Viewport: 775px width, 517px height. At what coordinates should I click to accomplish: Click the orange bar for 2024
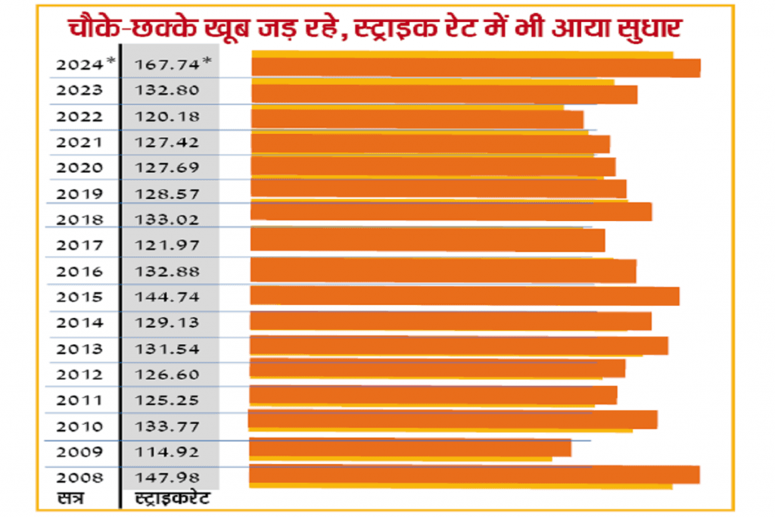(475, 67)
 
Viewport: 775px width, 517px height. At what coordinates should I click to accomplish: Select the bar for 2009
(409, 447)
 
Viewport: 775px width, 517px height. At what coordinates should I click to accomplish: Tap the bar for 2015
(464, 295)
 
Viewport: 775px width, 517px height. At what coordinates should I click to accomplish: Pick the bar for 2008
(474, 475)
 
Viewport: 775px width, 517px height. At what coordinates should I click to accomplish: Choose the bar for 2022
(417, 119)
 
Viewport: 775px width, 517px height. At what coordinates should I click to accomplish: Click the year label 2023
(79, 90)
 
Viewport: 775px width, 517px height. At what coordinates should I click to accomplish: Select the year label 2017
(79, 244)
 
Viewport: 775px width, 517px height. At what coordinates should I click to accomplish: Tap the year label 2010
(79, 426)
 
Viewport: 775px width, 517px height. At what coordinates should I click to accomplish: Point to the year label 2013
(79, 349)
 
